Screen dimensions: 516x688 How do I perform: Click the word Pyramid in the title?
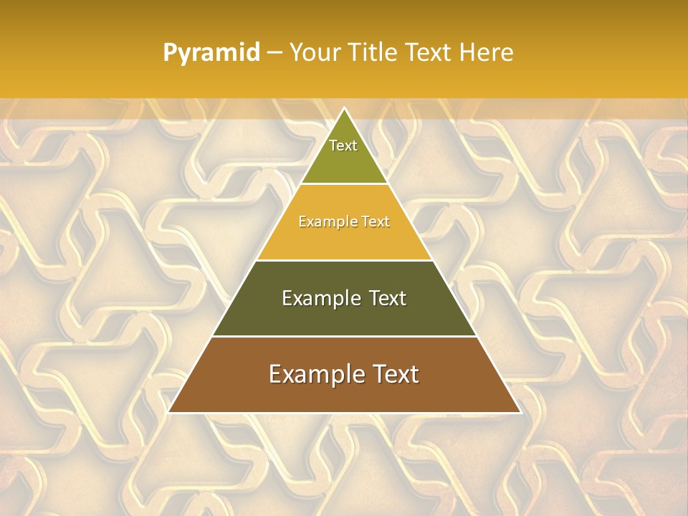point(211,53)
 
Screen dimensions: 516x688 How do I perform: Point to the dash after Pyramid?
point(274,53)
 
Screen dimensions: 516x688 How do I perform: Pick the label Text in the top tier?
point(343,145)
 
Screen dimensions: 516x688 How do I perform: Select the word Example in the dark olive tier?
point(320,298)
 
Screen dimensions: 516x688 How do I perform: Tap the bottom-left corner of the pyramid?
point(169,411)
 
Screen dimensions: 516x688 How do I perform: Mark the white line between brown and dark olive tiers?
point(344,336)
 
